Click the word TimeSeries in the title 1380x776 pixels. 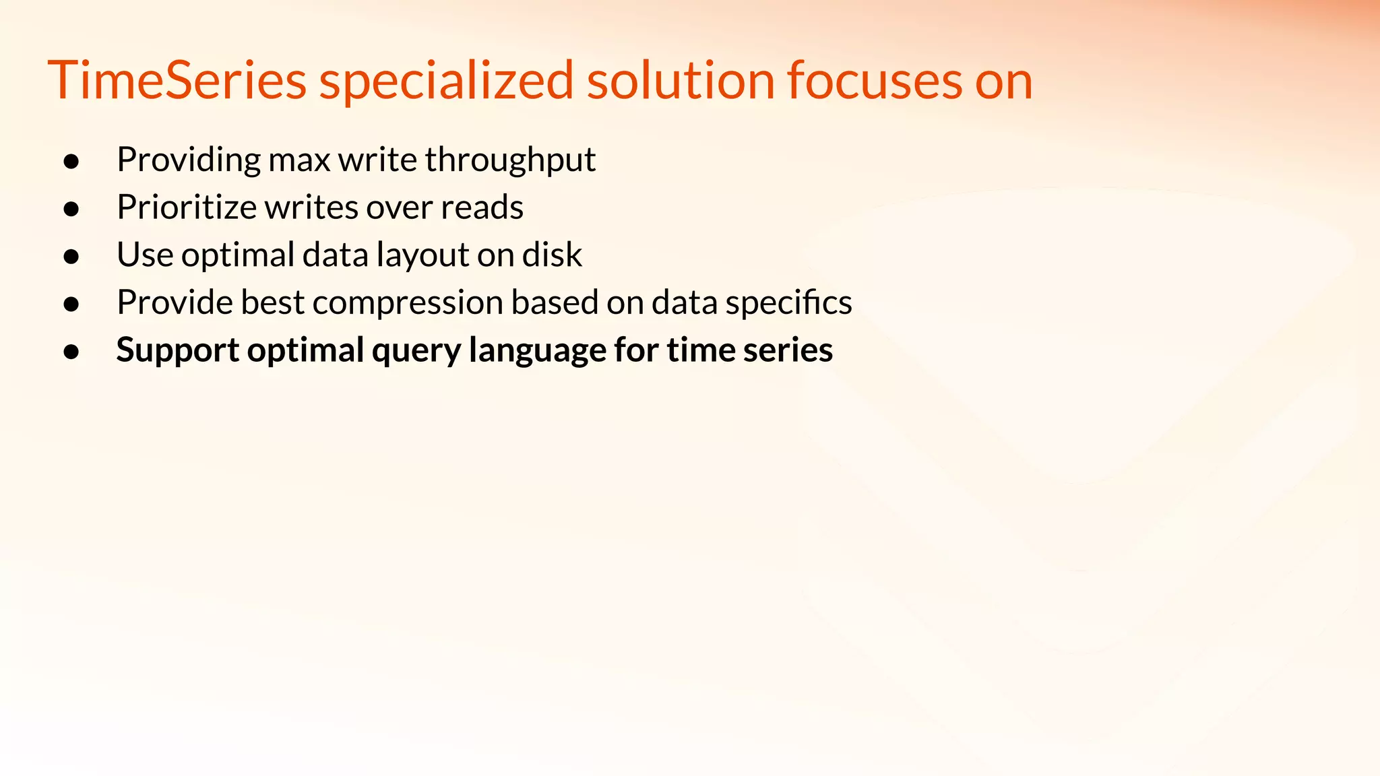pyautogui.click(x=177, y=81)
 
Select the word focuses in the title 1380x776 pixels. pyautogui.click(x=875, y=81)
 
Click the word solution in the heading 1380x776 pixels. pyautogui.click(x=681, y=81)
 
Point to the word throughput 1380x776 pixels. pyautogui.click(x=510, y=160)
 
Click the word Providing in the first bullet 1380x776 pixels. pyautogui.click(x=188, y=160)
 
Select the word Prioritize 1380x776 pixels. pyautogui.click(x=186, y=207)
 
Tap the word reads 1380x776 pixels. pyautogui.click(x=482, y=207)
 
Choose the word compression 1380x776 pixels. pyautogui.click(x=408, y=303)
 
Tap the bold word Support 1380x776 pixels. pyautogui.click(x=177, y=351)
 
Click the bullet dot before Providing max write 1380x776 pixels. pyautogui.click(x=71, y=162)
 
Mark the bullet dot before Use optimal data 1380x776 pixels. pyautogui.click(x=71, y=257)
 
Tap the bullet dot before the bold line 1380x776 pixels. pyautogui.click(x=71, y=352)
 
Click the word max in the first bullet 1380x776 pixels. pyautogui.click(x=299, y=160)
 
